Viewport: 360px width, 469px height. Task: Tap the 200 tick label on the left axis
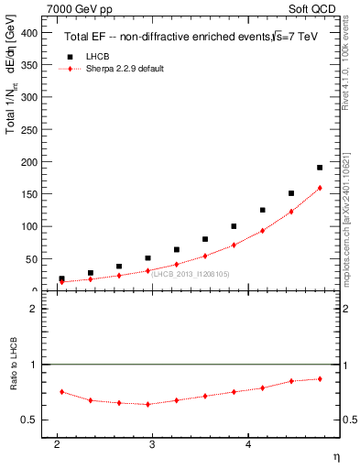click(x=30, y=161)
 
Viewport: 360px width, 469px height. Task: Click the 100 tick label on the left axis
click(x=30, y=225)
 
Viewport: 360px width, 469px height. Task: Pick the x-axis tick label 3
click(x=152, y=445)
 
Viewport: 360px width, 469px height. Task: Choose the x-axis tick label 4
click(x=248, y=445)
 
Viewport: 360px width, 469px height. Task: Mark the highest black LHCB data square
click(x=320, y=168)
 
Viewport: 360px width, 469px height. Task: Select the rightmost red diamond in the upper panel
click(x=320, y=188)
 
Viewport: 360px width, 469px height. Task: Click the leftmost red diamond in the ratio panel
click(x=61, y=391)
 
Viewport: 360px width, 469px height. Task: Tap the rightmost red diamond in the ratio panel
click(x=320, y=378)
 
